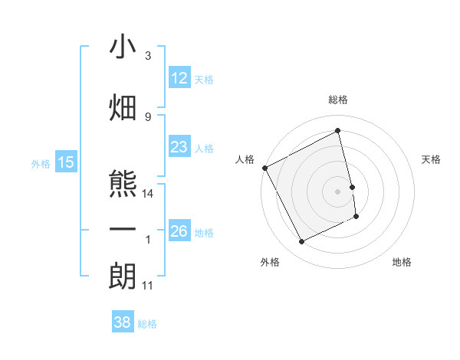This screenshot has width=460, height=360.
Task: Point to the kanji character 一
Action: (x=123, y=231)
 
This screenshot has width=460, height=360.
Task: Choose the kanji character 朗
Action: (x=123, y=276)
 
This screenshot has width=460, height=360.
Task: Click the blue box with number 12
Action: (x=179, y=78)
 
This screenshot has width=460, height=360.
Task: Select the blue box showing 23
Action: (x=179, y=147)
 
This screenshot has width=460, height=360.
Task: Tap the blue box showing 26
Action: (x=179, y=231)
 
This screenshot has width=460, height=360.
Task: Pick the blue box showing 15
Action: (x=66, y=162)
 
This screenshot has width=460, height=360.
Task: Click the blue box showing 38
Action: (x=122, y=322)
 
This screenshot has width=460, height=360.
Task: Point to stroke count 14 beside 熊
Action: (x=148, y=194)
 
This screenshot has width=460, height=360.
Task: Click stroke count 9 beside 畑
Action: (x=148, y=116)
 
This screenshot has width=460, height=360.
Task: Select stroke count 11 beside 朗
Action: (x=148, y=285)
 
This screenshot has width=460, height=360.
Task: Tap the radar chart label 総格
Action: (x=338, y=100)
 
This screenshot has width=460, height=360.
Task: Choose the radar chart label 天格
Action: (x=431, y=159)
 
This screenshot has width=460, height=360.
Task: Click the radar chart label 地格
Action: (x=402, y=262)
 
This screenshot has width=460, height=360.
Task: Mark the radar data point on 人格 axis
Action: (x=264, y=168)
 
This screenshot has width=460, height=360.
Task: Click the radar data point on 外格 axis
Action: (x=301, y=242)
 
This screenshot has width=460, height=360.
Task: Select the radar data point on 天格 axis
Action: (x=352, y=187)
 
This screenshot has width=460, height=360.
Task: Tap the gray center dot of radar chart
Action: (x=338, y=191)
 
